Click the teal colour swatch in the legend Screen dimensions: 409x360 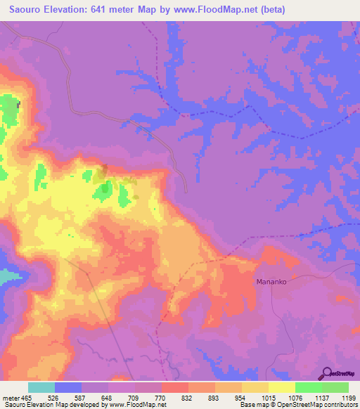point(41,387)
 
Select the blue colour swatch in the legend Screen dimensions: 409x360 point(68,387)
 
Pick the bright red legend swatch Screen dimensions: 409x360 point(175,387)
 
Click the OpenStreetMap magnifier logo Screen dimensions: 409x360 point(327,375)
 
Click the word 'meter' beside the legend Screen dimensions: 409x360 point(11,397)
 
